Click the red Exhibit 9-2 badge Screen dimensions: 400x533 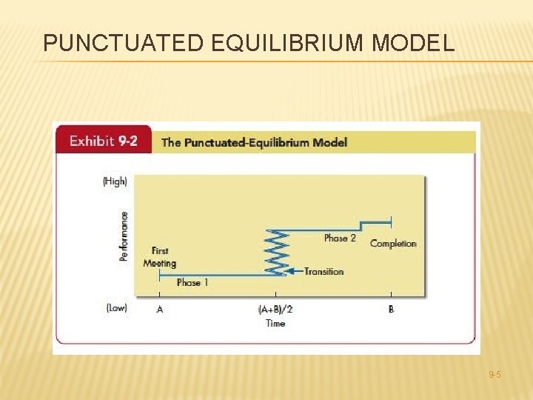pyautogui.click(x=103, y=141)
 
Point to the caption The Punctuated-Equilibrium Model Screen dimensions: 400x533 pyautogui.click(x=254, y=142)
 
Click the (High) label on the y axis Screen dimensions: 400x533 pyautogui.click(x=115, y=181)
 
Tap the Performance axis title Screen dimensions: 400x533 pyautogui.click(x=124, y=236)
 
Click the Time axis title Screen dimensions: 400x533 pyautogui.click(x=275, y=324)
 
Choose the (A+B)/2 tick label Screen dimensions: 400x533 pyautogui.click(x=275, y=309)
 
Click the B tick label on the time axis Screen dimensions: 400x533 pyautogui.click(x=391, y=309)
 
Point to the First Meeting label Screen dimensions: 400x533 pyautogui.click(x=159, y=257)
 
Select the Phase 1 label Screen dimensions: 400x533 pyautogui.click(x=192, y=282)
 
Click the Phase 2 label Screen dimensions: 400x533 pyautogui.click(x=340, y=238)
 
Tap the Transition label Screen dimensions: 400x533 pyautogui.click(x=324, y=271)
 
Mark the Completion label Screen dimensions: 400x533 pyautogui.click(x=393, y=244)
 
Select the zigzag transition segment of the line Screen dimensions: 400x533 pyautogui.click(x=275, y=252)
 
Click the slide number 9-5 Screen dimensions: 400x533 pyautogui.click(x=494, y=376)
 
